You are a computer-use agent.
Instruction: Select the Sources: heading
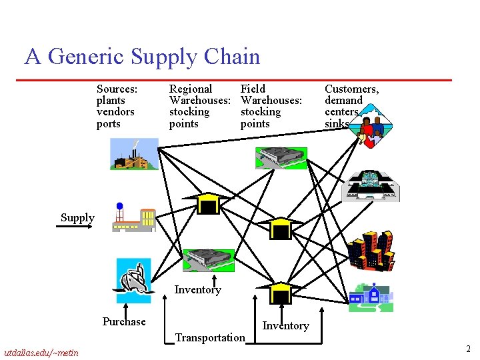pyautogui.click(x=117, y=89)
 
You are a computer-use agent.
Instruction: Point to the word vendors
pyautogui.click(x=115, y=112)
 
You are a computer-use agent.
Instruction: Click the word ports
pyautogui.click(x=109, y=124)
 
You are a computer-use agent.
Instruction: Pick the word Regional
pyautogui.click(x=191, y=89)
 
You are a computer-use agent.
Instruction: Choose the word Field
pyautogui.click(x=253, y=89)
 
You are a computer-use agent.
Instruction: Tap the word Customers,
pyautogui.click(x=352, y=89)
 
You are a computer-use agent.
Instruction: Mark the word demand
pyautogui.click(x=343, y=101)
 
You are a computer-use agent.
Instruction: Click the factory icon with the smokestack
pyautogui.click(x=134, y=154)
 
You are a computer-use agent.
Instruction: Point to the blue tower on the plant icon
pyautogui.click(x=119, y=206)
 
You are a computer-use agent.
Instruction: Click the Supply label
pyautogui.click(x=77, y=218)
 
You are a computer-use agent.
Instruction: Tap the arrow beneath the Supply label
pyautogui.click(x=75, y=227)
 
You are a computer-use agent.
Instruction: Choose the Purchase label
pyautogui.click(x=124, y=321)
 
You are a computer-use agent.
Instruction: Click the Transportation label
pyautogui.click(x=210, y=337)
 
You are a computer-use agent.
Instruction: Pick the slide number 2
pyautogui.click(x=469, y=349)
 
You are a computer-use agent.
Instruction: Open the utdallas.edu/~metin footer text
pyautogui.click(x=41, y=353)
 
